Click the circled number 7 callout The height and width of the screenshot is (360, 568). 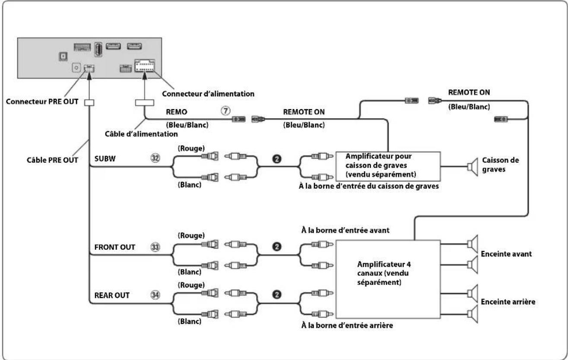[x=225, y=111]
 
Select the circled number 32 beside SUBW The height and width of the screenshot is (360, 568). [x=155, y=158]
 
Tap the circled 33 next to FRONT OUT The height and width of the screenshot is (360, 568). [x=155, y=247]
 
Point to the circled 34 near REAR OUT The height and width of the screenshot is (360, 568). [x=155, y=295]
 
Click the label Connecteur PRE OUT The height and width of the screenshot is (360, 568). [x=42, y=101]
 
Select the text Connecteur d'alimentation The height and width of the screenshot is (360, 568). [x=208, y=94]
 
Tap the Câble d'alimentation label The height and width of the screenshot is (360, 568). [x=141, y=134]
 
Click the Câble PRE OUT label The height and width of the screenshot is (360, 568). [x=53, y=160]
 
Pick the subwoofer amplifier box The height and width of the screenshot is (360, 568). [x=388, y=167]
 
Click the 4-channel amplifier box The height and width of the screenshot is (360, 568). [x=388, y=279]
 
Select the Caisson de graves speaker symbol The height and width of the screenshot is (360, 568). [x=473, y=167]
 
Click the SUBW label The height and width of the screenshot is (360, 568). [x=105, y=159]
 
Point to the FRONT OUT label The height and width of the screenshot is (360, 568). [x=114, y=247]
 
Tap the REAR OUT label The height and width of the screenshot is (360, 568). [x=112, y=295]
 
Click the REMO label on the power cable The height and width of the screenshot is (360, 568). [x=177, y=112]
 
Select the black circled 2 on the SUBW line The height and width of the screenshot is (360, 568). [x=276, y=159]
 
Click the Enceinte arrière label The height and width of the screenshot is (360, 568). [x=508, y=302]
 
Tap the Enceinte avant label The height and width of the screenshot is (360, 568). [x=506, y=254]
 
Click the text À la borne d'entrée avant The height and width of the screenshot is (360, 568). [x=346, y=231]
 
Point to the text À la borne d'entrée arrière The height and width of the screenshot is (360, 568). [x=347, y=325]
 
